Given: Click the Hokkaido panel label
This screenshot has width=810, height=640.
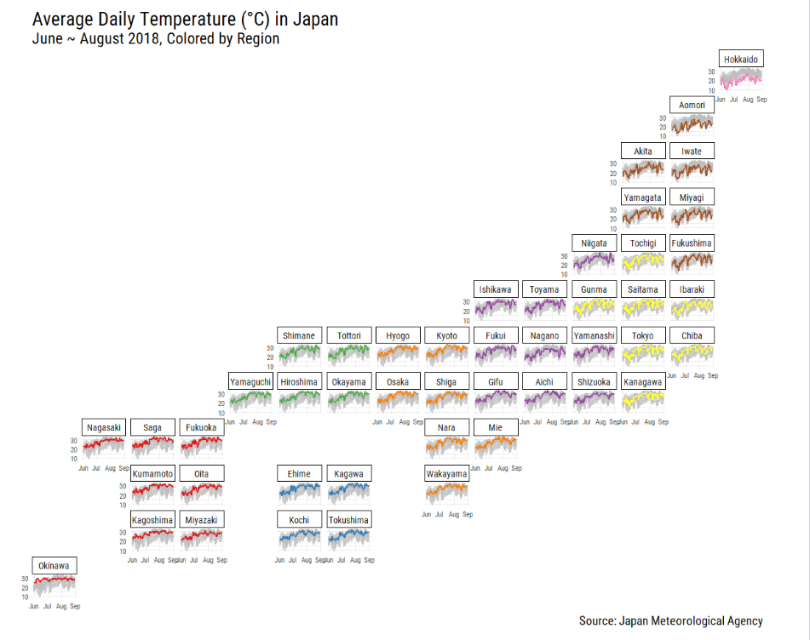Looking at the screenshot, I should (740, 60).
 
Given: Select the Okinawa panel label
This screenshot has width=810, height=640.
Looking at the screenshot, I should (55, 566).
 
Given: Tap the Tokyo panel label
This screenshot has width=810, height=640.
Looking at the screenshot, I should (642, 335).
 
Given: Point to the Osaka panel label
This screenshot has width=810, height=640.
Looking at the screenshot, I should (397, 382).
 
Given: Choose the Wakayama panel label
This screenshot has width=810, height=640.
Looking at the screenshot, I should (446, 474).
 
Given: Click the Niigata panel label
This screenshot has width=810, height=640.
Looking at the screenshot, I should (594, 243).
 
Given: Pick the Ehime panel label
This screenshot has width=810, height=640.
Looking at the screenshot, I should (299, 474).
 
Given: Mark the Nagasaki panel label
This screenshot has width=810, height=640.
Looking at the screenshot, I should (104, 427).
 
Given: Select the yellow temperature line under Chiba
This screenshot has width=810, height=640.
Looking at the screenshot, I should (692, 351).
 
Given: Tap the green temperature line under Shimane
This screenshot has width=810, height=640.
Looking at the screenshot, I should (299, 350).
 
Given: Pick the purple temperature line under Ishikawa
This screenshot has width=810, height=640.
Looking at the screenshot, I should (496, 303).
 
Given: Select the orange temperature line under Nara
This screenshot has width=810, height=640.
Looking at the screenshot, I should (446, 443).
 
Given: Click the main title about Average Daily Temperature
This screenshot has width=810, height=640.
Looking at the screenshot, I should (185, 19).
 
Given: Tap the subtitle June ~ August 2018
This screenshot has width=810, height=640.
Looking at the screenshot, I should (155, 39).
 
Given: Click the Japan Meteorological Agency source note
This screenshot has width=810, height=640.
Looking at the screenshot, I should (670, 621).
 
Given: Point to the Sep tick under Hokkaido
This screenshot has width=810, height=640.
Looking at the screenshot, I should (762, 100).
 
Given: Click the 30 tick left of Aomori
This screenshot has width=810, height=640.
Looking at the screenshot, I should (663, 118).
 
